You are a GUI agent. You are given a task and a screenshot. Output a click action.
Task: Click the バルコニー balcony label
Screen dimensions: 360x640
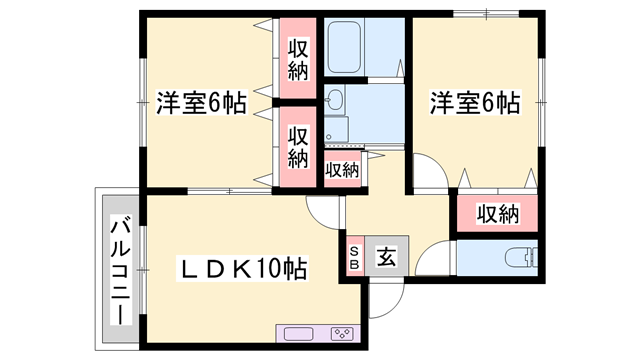(x=119, y=270)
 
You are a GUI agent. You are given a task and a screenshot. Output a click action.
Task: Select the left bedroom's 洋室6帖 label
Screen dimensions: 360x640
(x=201, y=103)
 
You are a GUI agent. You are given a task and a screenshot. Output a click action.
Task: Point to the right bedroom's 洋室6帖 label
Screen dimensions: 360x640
(x=475, y=103)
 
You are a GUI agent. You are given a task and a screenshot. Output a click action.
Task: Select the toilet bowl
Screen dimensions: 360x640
(x=519, y=257)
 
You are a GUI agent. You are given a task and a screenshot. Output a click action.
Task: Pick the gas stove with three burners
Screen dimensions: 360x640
(x=342, y=333)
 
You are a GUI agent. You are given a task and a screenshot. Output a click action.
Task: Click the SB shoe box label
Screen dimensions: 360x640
(x=355, y=257)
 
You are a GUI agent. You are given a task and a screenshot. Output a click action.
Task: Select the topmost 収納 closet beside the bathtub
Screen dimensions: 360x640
(x=298, y=58)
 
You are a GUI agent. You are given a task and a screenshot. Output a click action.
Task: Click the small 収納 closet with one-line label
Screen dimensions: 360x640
(x=342, y=170)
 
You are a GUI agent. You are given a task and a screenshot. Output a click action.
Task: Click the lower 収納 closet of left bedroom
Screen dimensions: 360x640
(x=298, y=147)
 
